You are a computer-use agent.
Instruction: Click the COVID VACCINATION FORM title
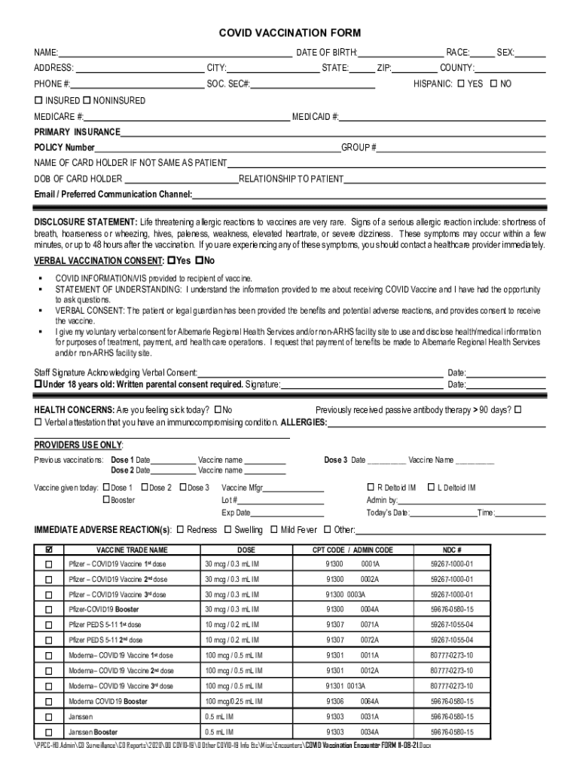coord(290,33)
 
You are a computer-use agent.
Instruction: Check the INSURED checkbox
coord(38,100)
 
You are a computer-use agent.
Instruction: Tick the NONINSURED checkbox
coord(87,100)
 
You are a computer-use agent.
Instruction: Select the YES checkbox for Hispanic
coord(460,84)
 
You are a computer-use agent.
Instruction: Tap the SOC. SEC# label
coord(228,84)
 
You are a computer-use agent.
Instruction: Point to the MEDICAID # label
coord(315,117)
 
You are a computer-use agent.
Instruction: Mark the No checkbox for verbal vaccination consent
coord(199,260)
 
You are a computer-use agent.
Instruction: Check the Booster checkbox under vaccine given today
coord(106,500)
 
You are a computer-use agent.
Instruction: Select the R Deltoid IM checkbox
coord(370,488)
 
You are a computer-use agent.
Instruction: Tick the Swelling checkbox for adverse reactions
coord(227,529)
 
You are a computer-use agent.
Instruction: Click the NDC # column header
coord(452,550)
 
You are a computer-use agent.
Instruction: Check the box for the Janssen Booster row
coord(49,732)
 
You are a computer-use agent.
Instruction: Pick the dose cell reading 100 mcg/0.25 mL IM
coord(232,701)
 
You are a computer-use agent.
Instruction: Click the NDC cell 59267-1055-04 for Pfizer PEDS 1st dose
coord(452,625)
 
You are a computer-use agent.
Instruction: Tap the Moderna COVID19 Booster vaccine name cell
coord(108,701)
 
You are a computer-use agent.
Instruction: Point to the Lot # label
coord(230,500)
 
